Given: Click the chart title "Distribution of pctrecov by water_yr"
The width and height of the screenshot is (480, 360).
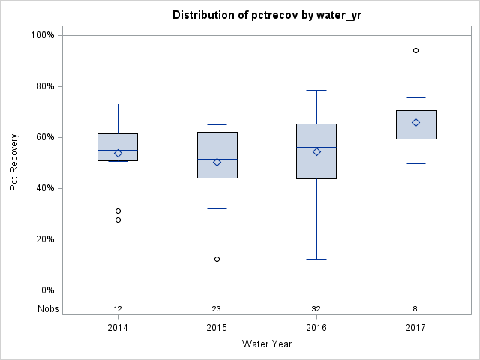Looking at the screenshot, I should click(267, 15).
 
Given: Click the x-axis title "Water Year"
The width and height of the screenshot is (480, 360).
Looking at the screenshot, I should click(267, 344).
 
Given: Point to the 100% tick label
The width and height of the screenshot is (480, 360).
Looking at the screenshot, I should click(42, 35).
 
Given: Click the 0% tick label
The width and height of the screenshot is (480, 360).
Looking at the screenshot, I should click(46, 290).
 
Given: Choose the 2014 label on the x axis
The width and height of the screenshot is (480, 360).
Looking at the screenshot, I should click(118, 327).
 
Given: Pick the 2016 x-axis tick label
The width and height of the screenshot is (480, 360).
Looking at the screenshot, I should click(316, 327).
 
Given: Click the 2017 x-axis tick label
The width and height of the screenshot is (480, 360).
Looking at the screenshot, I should click(415, 327).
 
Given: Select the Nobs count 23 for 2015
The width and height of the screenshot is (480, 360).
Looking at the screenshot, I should click(217, 309).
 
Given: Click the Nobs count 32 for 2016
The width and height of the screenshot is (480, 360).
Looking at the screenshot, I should click(316, 309).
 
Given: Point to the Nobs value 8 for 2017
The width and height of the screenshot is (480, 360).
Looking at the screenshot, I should click(415, 309).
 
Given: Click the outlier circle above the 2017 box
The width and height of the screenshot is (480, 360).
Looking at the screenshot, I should click(415, 50).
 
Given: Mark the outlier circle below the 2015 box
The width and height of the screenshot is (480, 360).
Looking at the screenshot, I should click(217, 259).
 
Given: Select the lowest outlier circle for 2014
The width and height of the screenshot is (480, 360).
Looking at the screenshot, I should click(118, 220).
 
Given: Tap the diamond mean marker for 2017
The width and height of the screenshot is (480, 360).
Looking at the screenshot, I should click(415, 122).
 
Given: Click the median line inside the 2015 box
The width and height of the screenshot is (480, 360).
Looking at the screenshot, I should click(217, 159).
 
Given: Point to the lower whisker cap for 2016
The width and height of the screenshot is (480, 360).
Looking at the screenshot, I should click(316, 259).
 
